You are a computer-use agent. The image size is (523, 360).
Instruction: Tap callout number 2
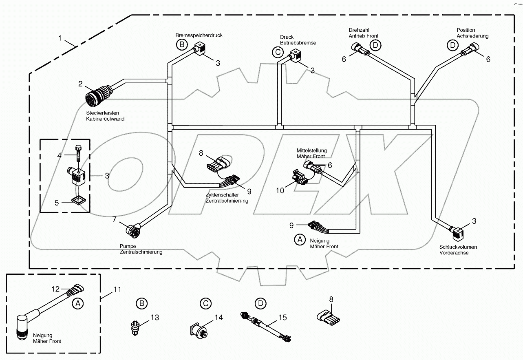pyautogui.click(x=80, y=84)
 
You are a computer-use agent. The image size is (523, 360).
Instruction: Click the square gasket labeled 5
pyautogui.click(x=78, y=200)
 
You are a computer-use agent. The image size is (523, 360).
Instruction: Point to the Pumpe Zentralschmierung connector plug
pyautogui.click(x=133, y=231)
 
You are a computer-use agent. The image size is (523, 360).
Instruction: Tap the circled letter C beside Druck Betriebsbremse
pyautogui.click(x=278, y=52)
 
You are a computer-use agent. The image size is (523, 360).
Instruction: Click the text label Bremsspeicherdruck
pyautogui.click(x=199, y=35)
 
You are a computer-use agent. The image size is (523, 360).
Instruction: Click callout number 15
pyautogui.click(x=283, y=317)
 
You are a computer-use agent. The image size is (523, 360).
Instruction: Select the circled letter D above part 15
pyautogui.click(x=260, y=303)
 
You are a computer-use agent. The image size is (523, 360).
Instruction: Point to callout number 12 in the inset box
pyautogui.click(x=55, y=289)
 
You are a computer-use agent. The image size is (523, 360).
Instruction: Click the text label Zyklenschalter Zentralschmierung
pyautogui.click(x=227, y=198)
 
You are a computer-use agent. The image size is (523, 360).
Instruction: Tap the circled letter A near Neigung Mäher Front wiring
pyautogui.click(x=300, y=240)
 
